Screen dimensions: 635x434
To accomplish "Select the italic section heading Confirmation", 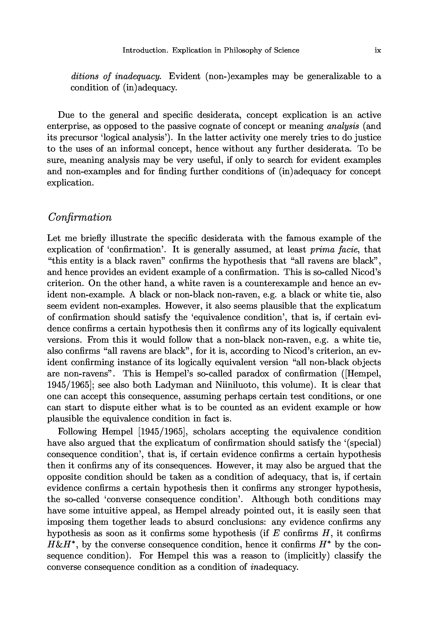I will click(x=80, y=217).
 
